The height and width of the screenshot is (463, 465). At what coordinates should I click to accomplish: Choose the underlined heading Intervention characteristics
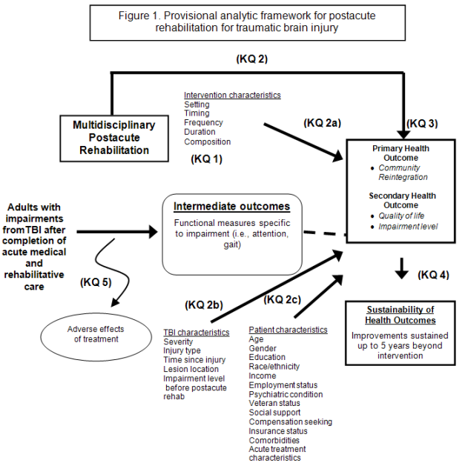pyautogui.click(x=232, y=96)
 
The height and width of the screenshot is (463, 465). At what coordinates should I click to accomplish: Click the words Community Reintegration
pyautogui.click(x=402, y=173)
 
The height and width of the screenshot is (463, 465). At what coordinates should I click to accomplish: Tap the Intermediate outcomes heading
pyautogui.click(x=231, y=206)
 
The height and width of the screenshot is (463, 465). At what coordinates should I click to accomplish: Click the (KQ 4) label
pyautogui.click(x=433, y=275)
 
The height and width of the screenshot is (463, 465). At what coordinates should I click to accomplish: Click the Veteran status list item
pyautogui.click(x=274, y=404)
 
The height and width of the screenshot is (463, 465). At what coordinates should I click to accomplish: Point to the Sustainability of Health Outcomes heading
pyautogui.click(x=400, y=315)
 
